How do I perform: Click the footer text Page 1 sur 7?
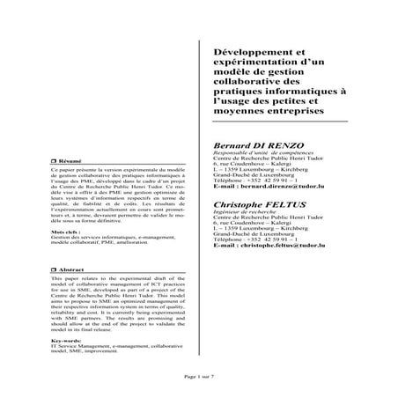199,375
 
